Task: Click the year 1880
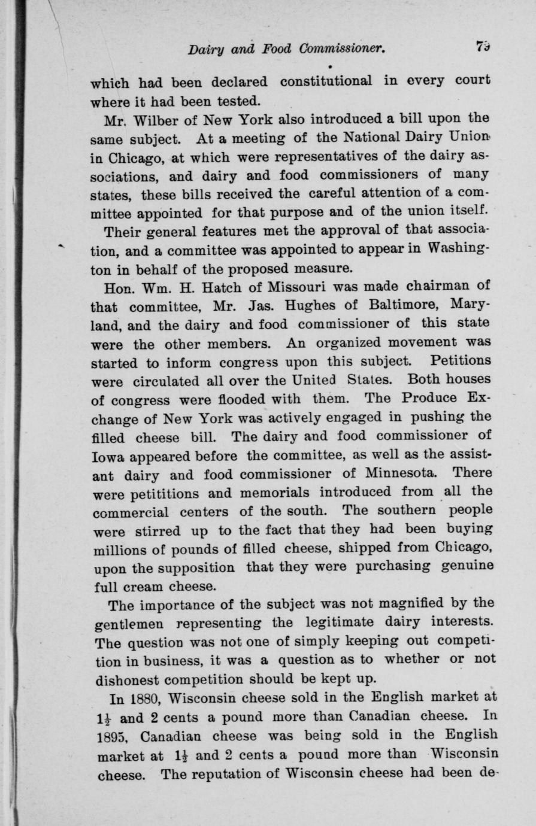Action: [x=144, y=699]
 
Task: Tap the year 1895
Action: [x=110, y=736]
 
